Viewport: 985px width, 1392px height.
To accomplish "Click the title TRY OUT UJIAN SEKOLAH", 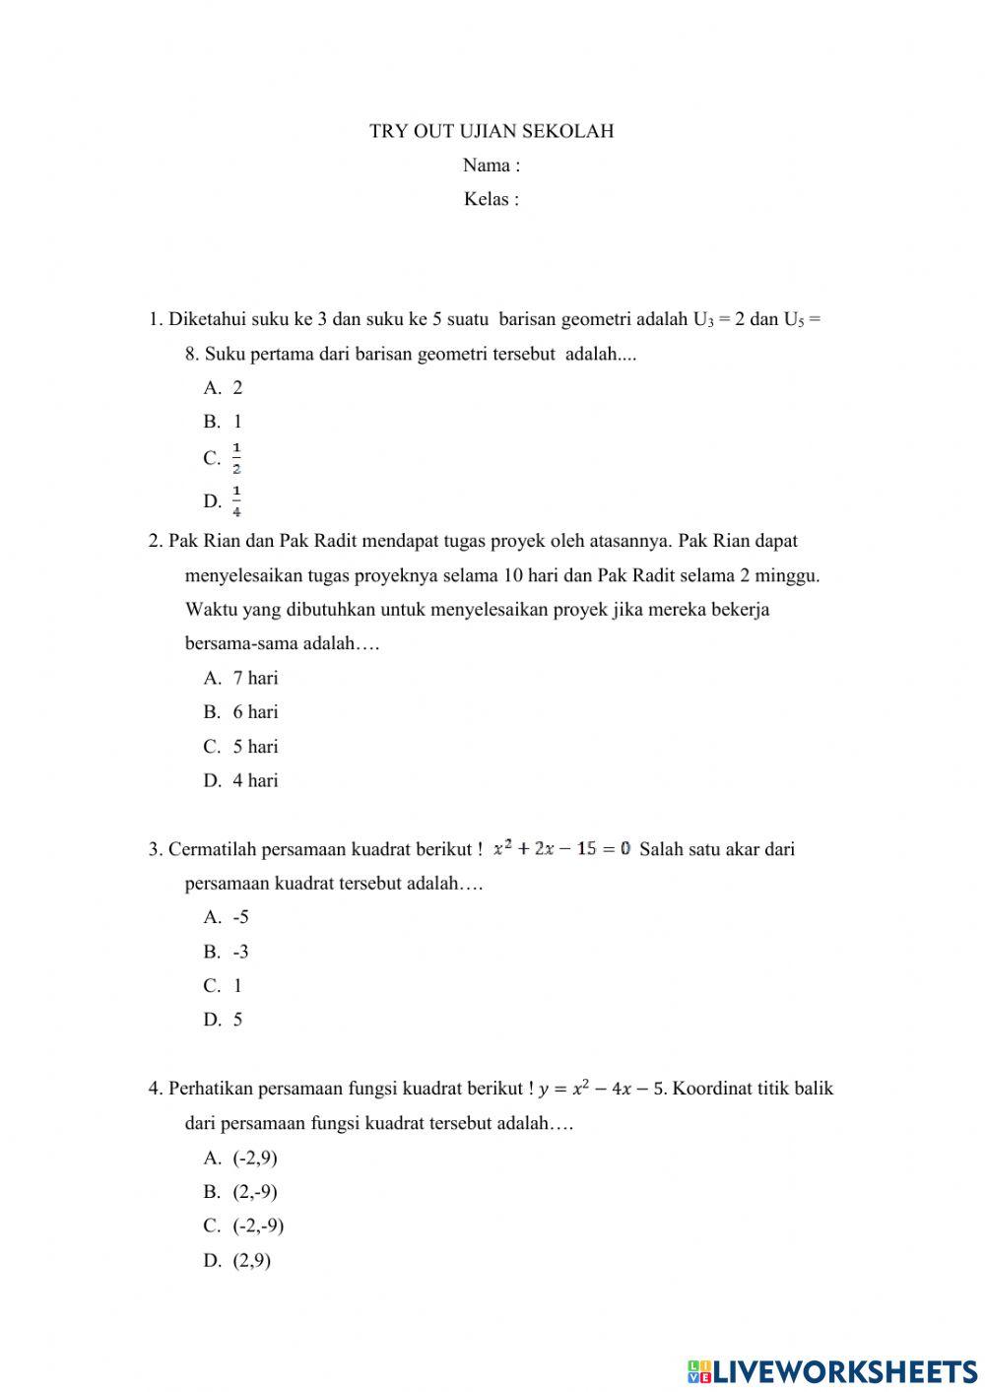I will (492, 131).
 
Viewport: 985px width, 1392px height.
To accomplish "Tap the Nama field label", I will (492, 166).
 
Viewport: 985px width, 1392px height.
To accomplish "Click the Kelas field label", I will (492, 199).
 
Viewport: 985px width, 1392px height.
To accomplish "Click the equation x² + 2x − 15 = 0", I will (561, 848).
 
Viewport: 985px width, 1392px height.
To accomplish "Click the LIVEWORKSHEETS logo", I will (832, 1370).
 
